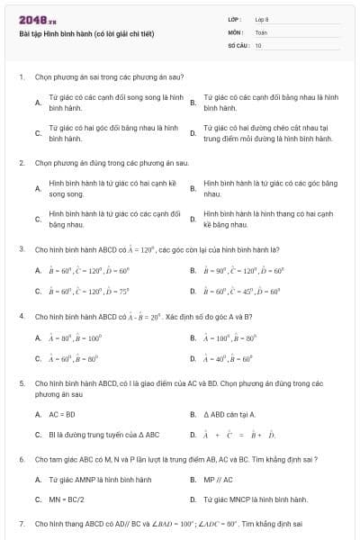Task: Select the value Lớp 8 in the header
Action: coord(262,19)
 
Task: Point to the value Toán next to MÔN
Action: coord(261,31)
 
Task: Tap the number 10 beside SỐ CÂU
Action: coord(259,44)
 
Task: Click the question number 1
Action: coord(21,77)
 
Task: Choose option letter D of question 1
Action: coord(193,134)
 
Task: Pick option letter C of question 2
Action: coord(38,220)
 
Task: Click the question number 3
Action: coord(21,248)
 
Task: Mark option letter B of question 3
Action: coord(193,270)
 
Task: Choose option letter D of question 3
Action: coord(193,292)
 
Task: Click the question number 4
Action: coord(21,317)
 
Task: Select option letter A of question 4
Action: coord(38,338)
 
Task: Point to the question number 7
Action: coord(21,523)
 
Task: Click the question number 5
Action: coord(21,383)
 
